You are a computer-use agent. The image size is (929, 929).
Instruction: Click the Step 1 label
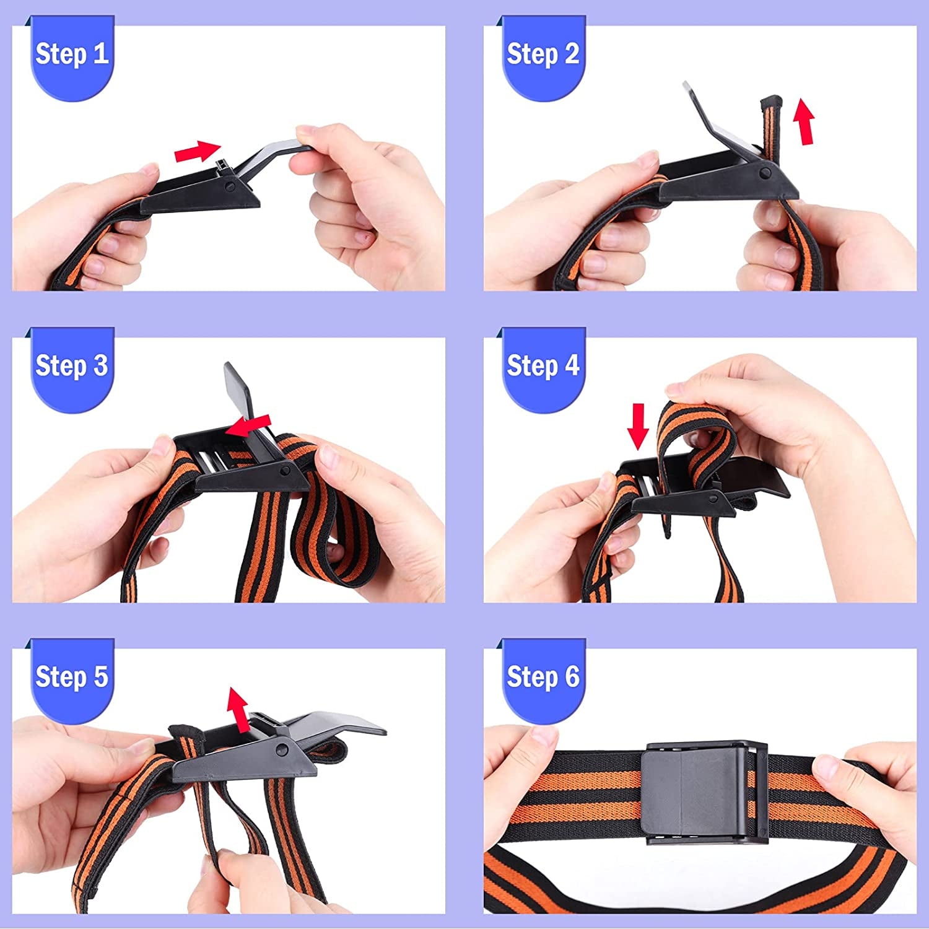[x=72, y=54]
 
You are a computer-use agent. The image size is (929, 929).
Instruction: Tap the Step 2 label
[x=543, y=54]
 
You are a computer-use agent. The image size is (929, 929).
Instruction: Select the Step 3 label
[x=72, y=365]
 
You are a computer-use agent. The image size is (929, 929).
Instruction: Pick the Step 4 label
[x=543, y=365]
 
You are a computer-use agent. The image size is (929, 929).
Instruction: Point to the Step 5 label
[x=72, y=676]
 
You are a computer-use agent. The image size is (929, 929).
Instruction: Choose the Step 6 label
[x=543, y=676]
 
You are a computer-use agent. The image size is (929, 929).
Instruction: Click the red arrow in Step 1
[x=198, y=150]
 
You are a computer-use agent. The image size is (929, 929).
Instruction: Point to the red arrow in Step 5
[x=238, y=709]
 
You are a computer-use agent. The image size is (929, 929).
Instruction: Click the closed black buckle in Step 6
[x=705, y=793]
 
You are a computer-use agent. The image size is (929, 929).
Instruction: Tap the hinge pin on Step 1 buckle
[x=230, y=185]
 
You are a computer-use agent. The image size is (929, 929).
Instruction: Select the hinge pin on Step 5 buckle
[x=283, y=750]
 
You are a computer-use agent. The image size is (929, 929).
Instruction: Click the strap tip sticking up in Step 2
[x=771, y=102]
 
